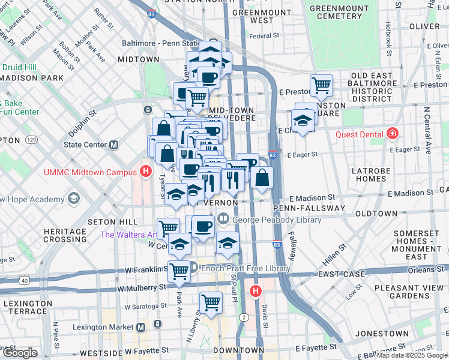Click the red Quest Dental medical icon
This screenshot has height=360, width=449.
pos(393,133)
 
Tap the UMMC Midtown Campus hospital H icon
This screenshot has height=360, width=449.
pos(145,172)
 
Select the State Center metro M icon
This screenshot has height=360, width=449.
pos(113,145)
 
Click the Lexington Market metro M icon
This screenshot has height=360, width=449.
pos(140,327)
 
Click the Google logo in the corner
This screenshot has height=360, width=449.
pos(20,353)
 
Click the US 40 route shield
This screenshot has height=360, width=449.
pos(23,280)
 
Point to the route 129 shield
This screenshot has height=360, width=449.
pos(31,140)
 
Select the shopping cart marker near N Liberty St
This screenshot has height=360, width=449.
pos(211,302)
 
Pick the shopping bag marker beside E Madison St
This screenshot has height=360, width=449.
pos(262,177)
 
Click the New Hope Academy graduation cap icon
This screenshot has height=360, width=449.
pos(73,199)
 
